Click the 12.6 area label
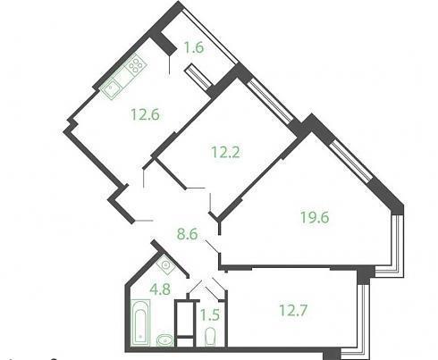pyautogui.click(x=145, y=114)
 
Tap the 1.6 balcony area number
pyautogui.click(x=194, y=47)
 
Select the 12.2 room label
pyautogui.click(x=225, y=153)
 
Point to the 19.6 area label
pyautogui.click(x=315, y=217)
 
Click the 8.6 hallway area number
pyautogui.click(x=188, y=234)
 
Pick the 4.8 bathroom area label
pyautogui.click(x=160, y=289)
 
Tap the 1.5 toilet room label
pyautogui.click(x=210, y=315)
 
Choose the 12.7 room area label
pyautogui.click(x=293, y=310)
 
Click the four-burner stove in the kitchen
pyautogui.click(x=136, y=64)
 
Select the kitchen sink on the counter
pyautogui.click(x=111, y=88)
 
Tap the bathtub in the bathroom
pyautogui.click(x=140, y=323)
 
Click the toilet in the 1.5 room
pyautogui.click(x=210, y=337)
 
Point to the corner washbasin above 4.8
pyautogui.click(x=165, y=264)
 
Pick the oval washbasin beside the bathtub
pyautogui.click(x=164, y=340)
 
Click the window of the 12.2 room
pyautogui.click(x=270, y=100)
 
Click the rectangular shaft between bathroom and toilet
pyautogui.click(x=186, y=323)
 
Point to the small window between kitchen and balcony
pyautogui.click(x=198, y=77)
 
